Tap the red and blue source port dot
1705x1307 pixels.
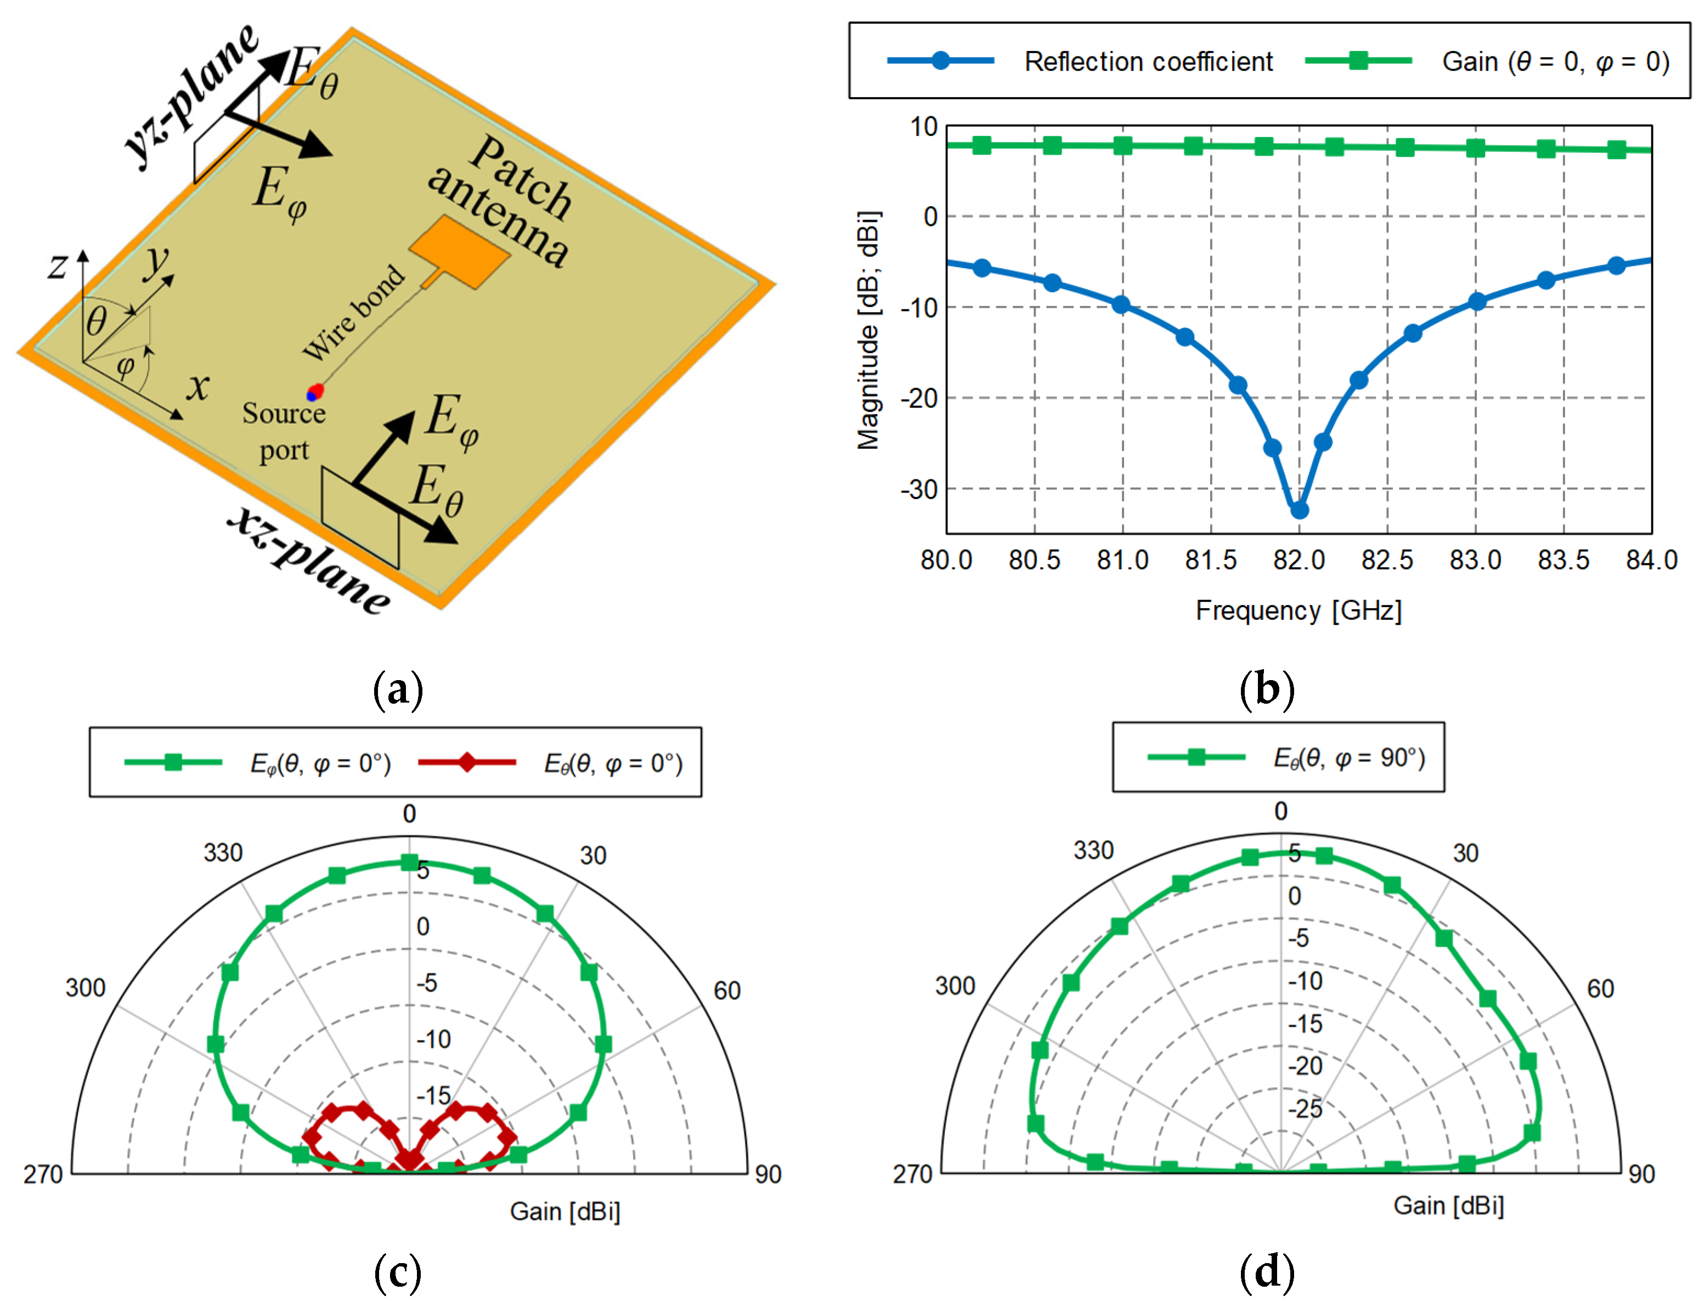314,392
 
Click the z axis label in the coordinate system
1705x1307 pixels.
57,266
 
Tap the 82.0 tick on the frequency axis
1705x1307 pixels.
1299,560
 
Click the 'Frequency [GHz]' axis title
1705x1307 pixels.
1298,610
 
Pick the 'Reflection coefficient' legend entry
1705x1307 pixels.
1148,61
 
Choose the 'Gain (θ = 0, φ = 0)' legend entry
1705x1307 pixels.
1555,61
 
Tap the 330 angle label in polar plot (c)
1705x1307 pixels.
223,853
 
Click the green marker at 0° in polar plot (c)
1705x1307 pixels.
409,862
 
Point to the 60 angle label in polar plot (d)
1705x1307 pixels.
1600,989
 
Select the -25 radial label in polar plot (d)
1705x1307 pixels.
1305,1108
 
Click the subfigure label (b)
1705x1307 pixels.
1266,689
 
